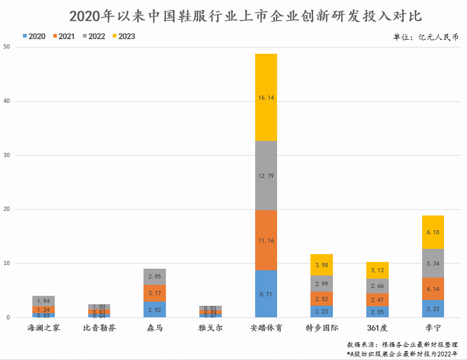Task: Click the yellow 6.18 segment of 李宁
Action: [433, 232]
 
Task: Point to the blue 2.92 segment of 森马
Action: [155, 309]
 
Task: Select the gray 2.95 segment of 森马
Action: [155, 277]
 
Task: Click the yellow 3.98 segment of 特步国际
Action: [322, 265]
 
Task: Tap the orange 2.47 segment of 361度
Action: [377, 299]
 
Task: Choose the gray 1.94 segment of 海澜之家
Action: [43, 301]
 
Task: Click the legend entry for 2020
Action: [34, 37]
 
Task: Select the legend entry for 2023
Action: [123, 37]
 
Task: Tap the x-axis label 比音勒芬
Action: [99, 328]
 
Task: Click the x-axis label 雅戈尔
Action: [210, 328]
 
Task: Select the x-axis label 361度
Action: [377, 328]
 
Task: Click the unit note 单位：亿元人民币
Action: [426, 37]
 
